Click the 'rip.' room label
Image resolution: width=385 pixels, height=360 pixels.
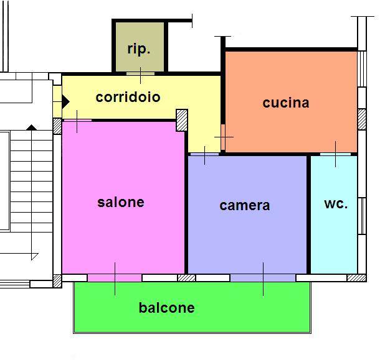(139, 50)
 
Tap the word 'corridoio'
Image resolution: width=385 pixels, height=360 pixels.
(128, 97)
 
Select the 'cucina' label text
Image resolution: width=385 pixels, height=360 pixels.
(286, 103)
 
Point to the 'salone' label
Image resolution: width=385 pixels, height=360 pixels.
(121, 203)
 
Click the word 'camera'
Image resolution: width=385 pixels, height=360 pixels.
(245, 205)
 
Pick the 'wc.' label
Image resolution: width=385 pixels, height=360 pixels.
(336, 204)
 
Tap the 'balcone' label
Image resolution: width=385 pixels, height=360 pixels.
(167, 308)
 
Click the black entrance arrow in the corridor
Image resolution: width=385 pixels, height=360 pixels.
(65, 101)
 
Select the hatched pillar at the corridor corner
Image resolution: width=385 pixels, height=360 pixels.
(182, 120)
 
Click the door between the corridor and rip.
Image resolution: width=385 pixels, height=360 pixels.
(140, 73)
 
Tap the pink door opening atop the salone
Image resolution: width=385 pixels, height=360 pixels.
(78, 121)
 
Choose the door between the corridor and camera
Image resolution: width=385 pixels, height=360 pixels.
(204, 154)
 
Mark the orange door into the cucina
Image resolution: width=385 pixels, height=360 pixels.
(223, 137)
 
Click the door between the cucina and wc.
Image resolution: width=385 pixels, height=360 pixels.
(335, 154)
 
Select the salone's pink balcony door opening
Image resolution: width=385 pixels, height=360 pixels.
(115, 278)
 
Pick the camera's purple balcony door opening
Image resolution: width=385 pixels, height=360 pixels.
(263, 278)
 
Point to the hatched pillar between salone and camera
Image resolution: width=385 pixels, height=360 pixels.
(186, 278)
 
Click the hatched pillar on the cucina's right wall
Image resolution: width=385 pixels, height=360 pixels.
(362, 119)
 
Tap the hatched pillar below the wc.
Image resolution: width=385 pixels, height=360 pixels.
(356, 278)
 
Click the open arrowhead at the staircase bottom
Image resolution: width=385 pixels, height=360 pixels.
(35, 256)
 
